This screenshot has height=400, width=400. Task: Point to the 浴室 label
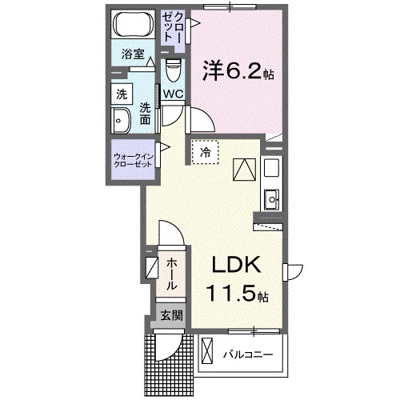[x=133, y=54]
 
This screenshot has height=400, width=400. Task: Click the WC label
[x=173, y=93]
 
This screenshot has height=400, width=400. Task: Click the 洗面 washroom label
[x=145, y=113]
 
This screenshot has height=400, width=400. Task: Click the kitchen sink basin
[x=270, y=197]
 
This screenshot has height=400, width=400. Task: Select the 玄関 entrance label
[x=170, y=315]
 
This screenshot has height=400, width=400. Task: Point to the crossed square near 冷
[x=242, y=170]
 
